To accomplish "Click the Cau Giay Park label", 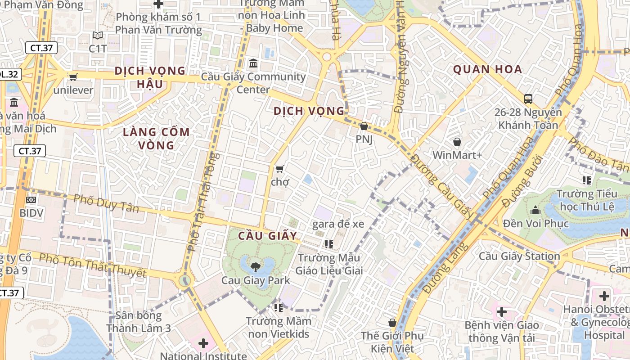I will [256, 280].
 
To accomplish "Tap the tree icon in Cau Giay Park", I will [255, 267].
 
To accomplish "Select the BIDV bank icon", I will [31, 199].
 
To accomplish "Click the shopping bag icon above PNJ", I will [364, 126].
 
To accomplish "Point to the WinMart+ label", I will [457, 155].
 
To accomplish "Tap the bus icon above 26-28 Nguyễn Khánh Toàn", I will [528, 99].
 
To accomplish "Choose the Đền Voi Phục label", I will [536, 223].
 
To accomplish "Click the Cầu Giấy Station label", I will [519, 256].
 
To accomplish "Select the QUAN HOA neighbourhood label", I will [487, 69].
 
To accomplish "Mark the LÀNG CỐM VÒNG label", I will [157, 139].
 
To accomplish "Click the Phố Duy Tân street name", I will [106, 203].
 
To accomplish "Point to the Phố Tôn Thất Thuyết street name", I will [93, 265].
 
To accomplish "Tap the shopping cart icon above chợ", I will [279, 169].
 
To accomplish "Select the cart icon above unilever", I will [73, 77].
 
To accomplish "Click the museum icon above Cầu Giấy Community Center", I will [253, 63].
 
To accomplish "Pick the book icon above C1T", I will [98, 35].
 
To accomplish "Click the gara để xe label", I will [338, 224].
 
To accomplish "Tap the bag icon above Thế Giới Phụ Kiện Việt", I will [392, 323].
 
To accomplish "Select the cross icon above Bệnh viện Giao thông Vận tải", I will [501, 312].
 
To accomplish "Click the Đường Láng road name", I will [445, 269].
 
